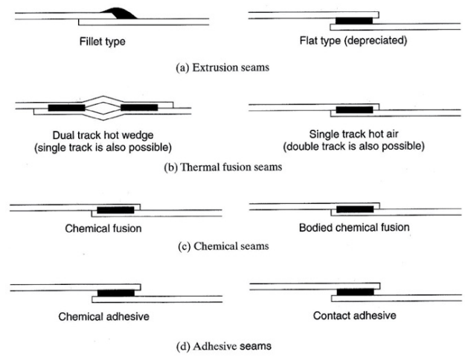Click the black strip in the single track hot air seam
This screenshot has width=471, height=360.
coord(354,109)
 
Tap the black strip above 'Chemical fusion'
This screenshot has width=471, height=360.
coord(115,210)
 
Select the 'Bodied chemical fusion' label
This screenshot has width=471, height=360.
coord(353,227)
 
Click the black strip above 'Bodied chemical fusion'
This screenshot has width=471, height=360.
coord(355,208)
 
